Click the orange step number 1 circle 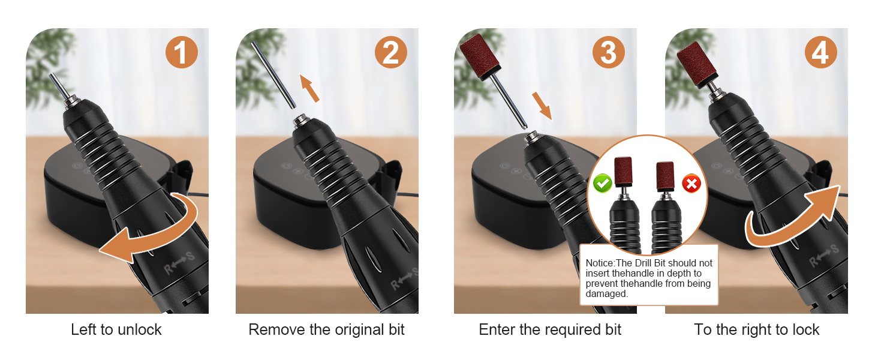pyautogui.click(x=181, y=52)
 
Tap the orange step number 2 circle pyautogui.click(x=391, y=52)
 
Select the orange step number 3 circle pyautogui.click(x=608, y=52)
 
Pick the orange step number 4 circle pyautogui.click(x=821, y=52)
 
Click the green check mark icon pyautogui.click(x=603, y=183)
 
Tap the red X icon pyautogui.click(x=692, y=183)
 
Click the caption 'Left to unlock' pyautogui.click(x=116, y=329)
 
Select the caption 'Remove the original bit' pyautogui.click(x=326, y=329)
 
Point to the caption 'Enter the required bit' pyautogui.click(x=550, y=329)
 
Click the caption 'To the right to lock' pyautogui.click(x=756, y=329)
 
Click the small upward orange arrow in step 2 pyautogui.click(x=309, y=88)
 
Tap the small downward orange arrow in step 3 pyautogui.click(x=542, y=106)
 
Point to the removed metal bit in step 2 pyautogui.click(x=273, y=75)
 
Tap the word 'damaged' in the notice pyautogui.click(x=606, y=294)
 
